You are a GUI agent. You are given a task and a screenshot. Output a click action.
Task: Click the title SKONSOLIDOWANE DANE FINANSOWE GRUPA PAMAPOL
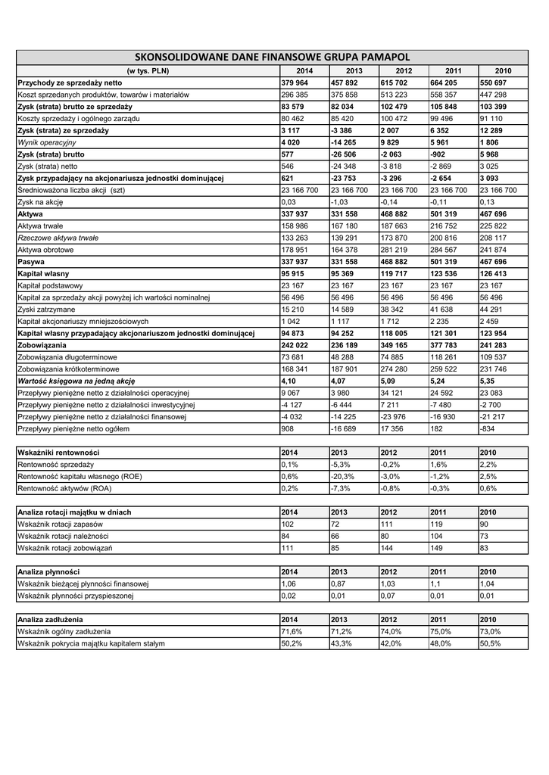(272, 57)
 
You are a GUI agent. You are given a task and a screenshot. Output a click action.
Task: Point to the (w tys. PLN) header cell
(148, 70)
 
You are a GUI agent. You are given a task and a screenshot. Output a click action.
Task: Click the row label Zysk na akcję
(41, 202)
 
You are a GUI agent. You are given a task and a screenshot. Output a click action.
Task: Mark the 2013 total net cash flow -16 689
(345, 429)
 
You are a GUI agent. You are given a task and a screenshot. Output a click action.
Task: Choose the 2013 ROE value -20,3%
(343, 476)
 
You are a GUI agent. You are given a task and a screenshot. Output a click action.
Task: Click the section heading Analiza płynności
(48, 571)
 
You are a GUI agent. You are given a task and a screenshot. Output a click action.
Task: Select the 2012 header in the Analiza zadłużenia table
(388, 619)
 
